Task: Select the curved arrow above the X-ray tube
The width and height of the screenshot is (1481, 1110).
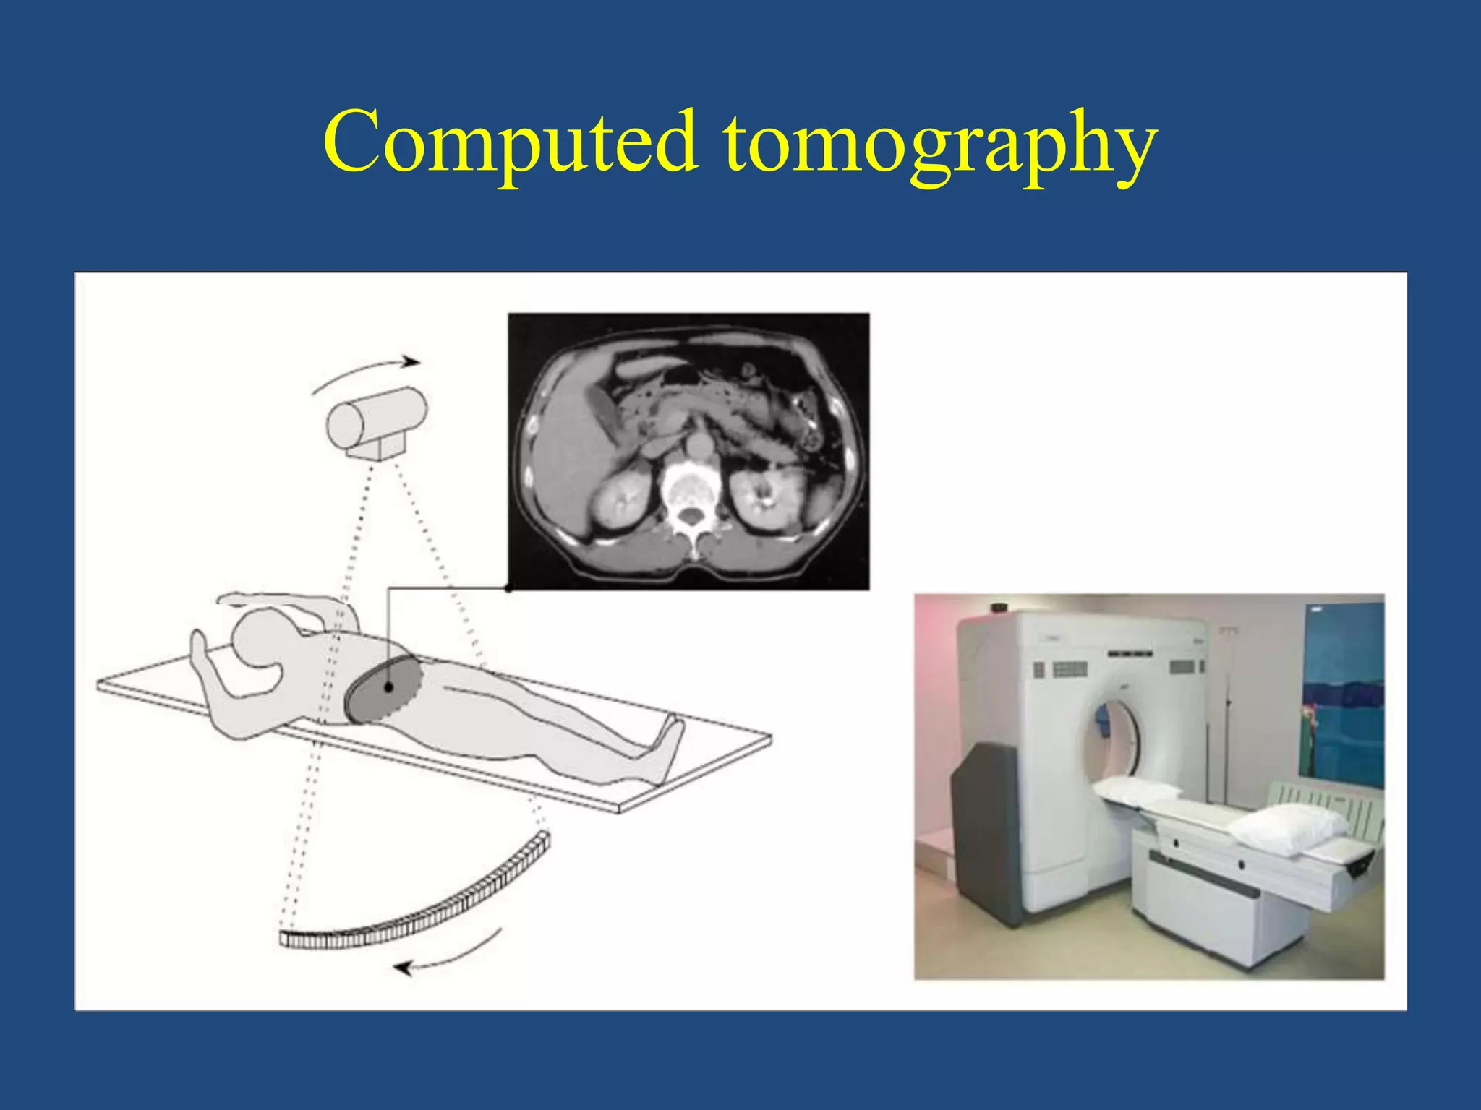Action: pos(366,373)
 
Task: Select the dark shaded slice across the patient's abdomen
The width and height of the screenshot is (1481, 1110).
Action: pos(383,691)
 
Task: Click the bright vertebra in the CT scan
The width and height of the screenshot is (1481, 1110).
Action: pos(690,491)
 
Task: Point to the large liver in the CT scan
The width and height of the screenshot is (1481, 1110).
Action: pos(560,462)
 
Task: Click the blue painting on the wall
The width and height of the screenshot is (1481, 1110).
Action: pos(1341,694)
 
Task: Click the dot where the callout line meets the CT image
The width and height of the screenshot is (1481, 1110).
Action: pos(508,588)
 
